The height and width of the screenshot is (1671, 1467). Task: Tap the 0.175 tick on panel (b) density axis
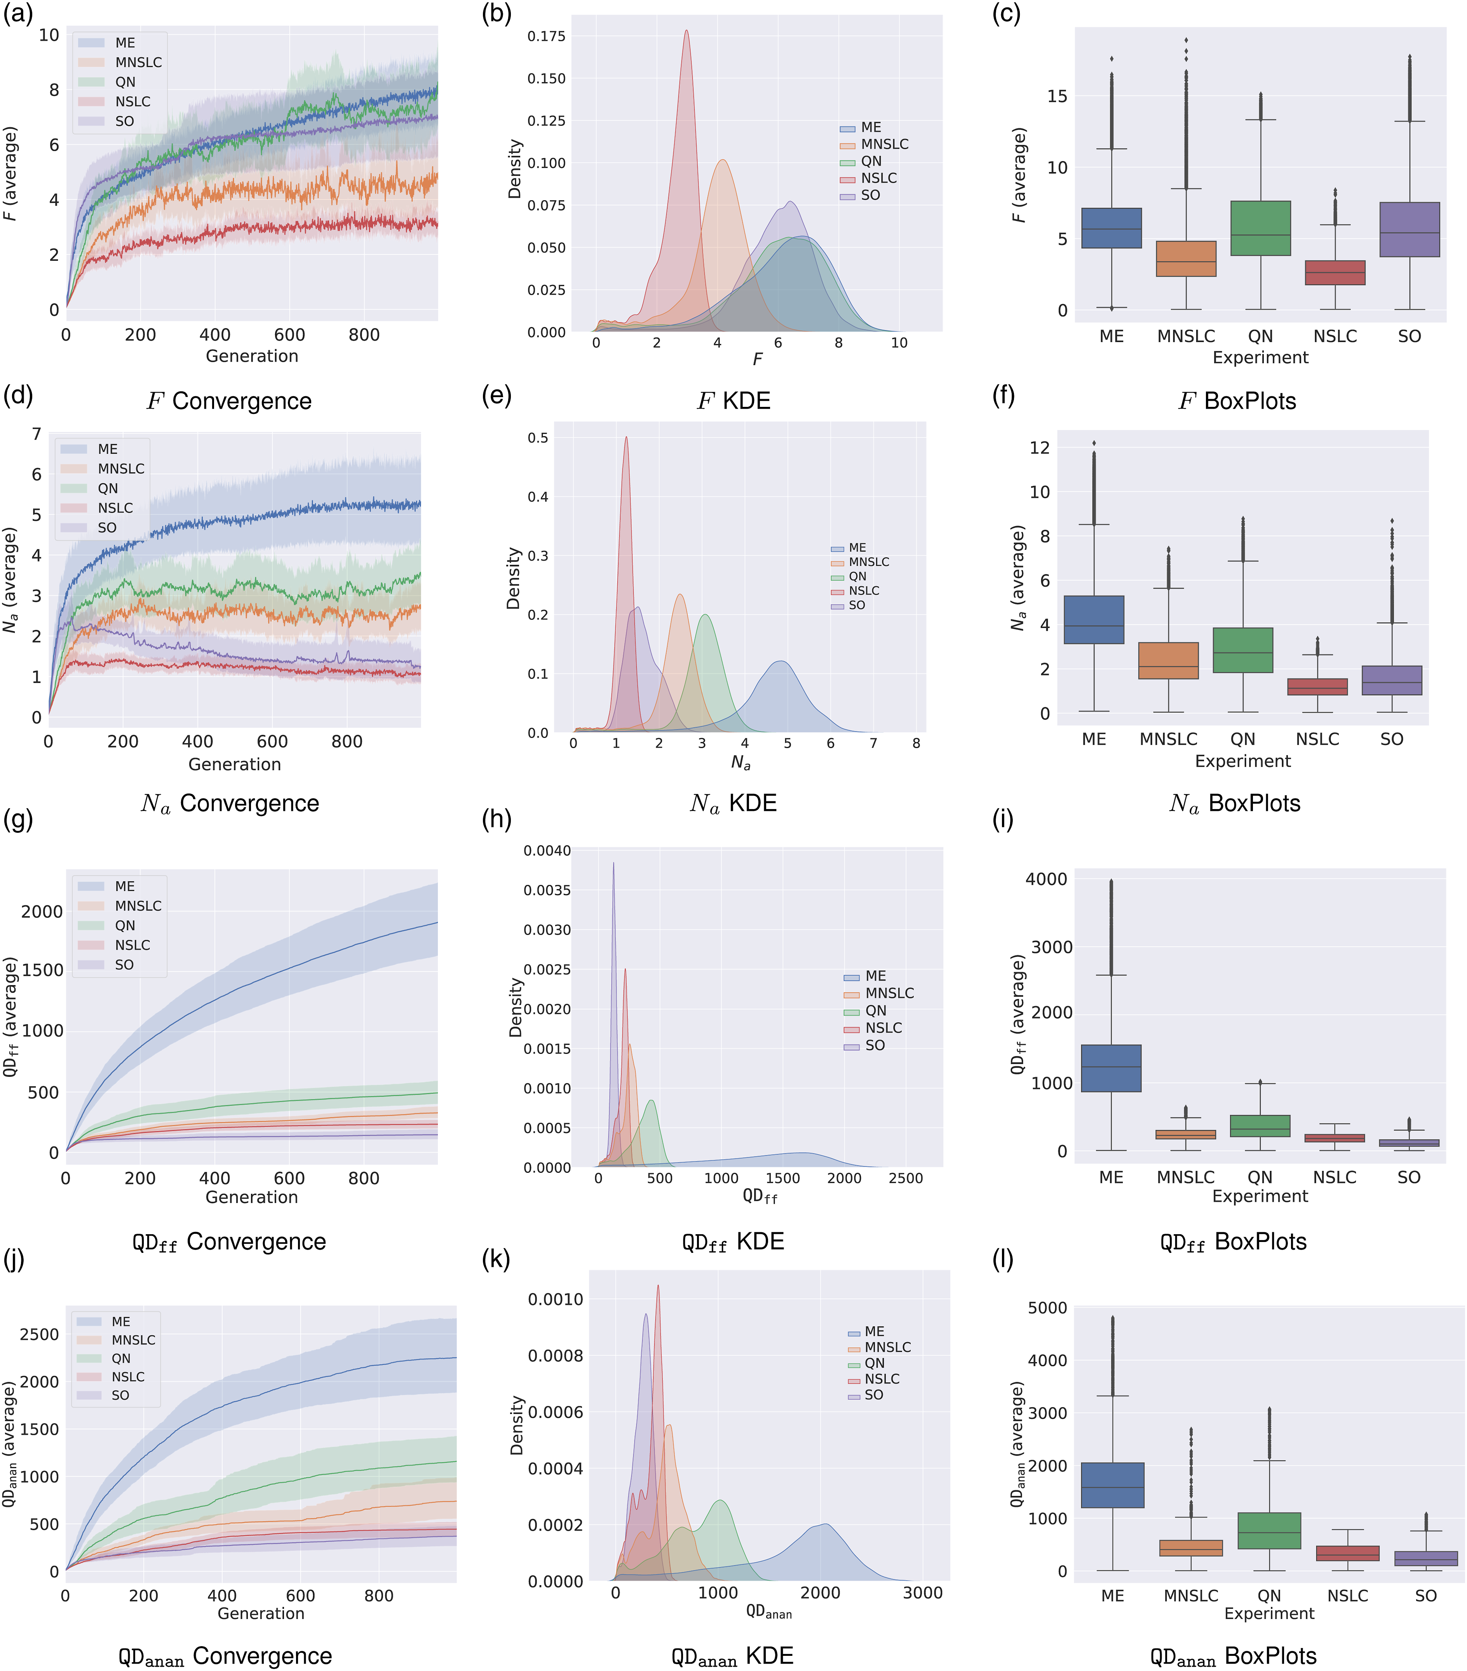tap(546, 36)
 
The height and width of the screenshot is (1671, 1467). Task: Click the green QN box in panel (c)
tap(1260, 228)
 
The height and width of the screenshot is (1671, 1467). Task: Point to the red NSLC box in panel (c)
tap(1335, 272)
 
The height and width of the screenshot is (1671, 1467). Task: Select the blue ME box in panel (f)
tap(1094, 620)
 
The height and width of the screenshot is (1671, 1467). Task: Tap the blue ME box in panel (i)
tap(1111, 1067)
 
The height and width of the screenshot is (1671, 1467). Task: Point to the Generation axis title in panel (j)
tap(261, 1613)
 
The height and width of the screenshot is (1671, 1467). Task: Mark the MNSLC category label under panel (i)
tap(1185, 1177)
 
